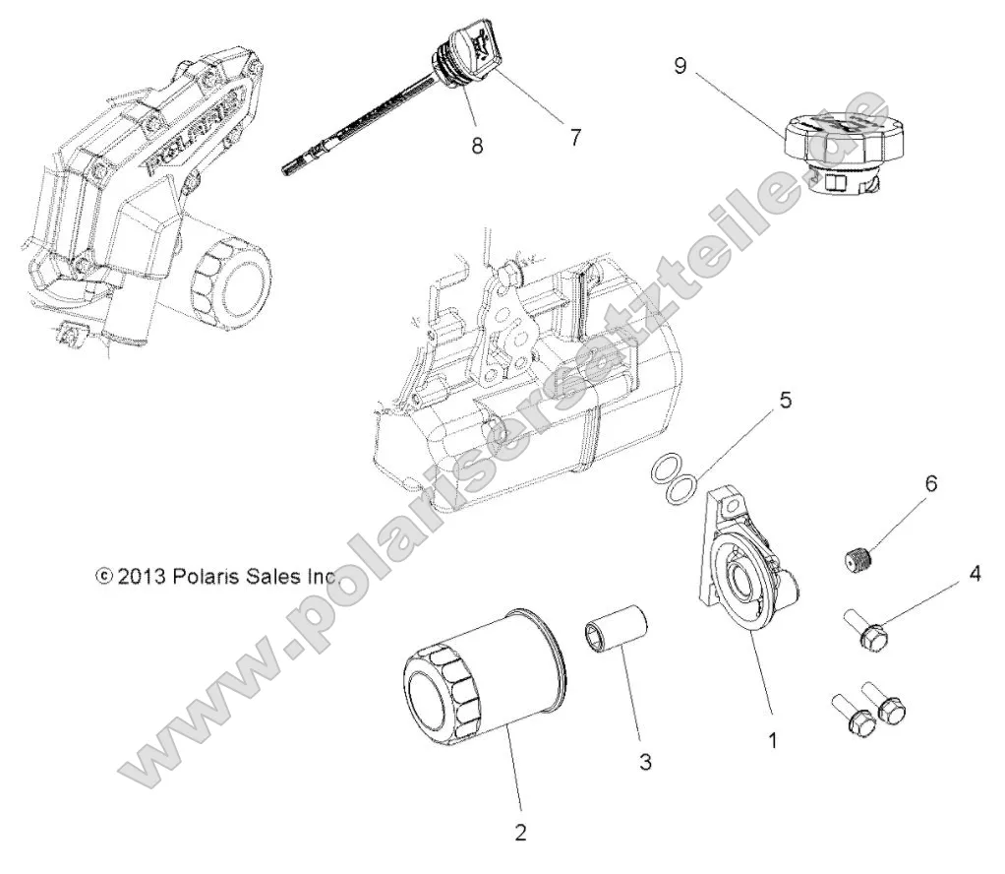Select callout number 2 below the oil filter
[520, 832]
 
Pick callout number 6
[930, 483]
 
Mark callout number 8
[477, 145]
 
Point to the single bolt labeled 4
[865, 630]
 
